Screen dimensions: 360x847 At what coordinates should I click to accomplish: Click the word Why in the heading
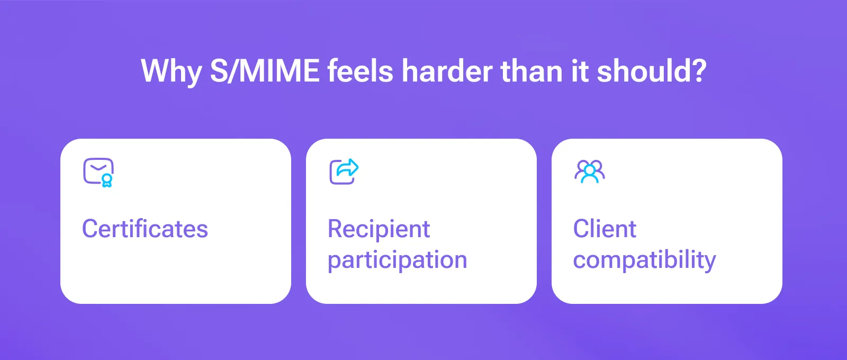(171, 71)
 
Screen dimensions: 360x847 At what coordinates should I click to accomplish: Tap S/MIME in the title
(265, 71)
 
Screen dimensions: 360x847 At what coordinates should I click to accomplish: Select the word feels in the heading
(360, 71)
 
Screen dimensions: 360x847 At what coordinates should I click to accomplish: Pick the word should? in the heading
(651, 71)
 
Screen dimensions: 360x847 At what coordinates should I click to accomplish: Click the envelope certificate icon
(98, 172)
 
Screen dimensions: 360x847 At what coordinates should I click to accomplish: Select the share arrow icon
(344, 172)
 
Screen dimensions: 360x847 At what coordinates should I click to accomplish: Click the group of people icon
(590, 172)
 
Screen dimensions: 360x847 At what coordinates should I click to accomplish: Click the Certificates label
(145, 229)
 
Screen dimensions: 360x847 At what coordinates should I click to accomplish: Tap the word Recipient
(379, 229)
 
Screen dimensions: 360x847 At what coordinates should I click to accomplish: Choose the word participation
(397, 260)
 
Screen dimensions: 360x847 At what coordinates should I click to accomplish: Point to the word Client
(605, 229)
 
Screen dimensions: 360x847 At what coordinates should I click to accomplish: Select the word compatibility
(644, 260)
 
